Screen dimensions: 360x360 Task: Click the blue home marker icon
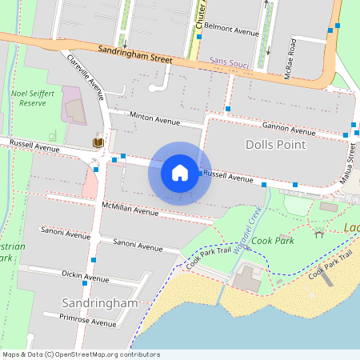(x=180, y=172)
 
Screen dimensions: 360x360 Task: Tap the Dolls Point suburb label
(x=276, y=145)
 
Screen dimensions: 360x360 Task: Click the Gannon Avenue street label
(x=289, y=128)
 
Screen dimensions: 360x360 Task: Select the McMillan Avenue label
(x=130, y=210)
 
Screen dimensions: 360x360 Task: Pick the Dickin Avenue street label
(x=86, y=276)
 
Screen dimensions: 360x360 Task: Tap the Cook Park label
(x=273, y=240)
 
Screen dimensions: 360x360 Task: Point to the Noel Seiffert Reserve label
(x=33, y=98)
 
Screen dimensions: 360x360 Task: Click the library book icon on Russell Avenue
(x=98, y=142)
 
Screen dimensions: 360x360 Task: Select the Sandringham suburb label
(x=100, y=303)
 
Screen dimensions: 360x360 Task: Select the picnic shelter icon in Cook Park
(x=319, y=233)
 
